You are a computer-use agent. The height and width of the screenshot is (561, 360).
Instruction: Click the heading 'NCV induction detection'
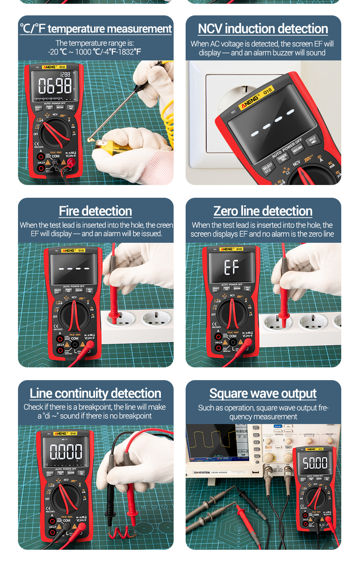pos(263,29)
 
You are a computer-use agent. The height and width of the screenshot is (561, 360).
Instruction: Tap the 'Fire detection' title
pos(95,211)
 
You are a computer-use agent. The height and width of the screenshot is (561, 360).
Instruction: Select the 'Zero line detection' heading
pos(263,211)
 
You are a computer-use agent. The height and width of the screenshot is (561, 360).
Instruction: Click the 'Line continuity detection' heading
pos(95,393)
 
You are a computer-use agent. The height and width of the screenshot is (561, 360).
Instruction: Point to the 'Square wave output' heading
pos(263,393)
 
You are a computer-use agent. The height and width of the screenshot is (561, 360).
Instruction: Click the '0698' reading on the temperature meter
pos(55,86)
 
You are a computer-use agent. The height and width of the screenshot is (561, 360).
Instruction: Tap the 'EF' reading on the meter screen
pos(231,267)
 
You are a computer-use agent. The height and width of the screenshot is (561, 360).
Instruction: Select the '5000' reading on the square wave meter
pos(315,463)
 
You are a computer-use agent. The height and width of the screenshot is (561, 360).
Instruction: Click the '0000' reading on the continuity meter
pos(66,451)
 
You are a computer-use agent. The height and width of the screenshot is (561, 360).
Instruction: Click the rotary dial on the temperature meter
pos(55,134)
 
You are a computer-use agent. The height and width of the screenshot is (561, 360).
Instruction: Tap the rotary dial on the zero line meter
pos(232,314)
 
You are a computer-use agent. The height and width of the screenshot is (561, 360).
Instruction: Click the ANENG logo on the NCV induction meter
pos(250,101)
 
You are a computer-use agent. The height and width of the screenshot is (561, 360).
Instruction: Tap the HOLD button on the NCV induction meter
pos(313,140)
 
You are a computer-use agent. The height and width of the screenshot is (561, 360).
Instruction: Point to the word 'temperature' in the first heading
pos(82,29)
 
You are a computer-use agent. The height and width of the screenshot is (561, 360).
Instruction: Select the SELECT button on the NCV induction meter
pos(267,168)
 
